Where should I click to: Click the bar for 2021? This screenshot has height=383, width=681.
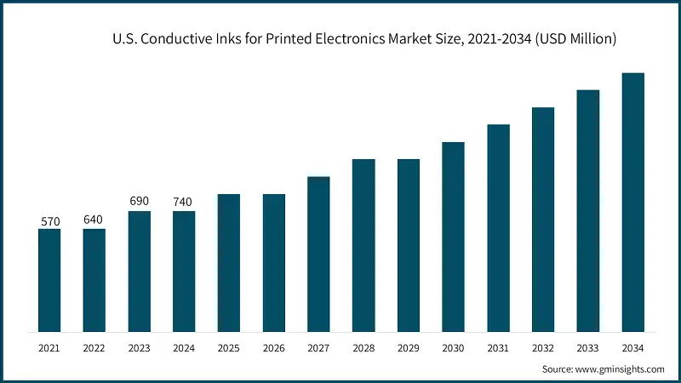point(49,280)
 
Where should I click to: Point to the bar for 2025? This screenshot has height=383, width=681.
point(229,263)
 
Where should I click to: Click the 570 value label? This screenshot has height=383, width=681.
point(49,221)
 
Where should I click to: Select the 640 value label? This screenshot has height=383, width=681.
point(94,220)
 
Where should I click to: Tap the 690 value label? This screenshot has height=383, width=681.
point(139,201)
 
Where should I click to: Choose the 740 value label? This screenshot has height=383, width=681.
point(184,202)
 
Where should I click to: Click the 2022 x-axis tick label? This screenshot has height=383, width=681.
point(94,347)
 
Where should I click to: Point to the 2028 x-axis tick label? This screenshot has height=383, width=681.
point(363,347)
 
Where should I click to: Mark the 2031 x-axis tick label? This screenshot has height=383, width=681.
point(498,347)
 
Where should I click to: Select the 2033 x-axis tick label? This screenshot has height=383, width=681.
point(588,347)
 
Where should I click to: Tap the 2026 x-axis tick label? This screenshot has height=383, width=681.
point(273,347)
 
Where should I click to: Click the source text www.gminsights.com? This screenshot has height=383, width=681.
point(620,369)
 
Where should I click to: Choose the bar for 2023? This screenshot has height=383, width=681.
point(139,272)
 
